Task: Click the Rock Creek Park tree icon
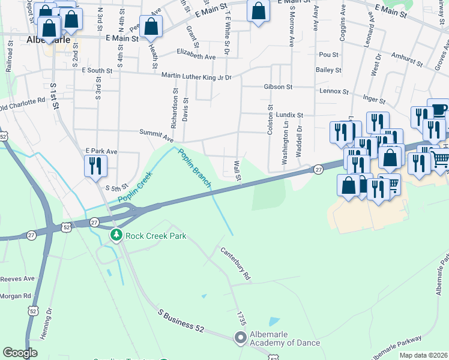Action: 116,235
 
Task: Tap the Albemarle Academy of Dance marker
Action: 241,338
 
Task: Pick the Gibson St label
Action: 277,87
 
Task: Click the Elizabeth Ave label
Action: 196,57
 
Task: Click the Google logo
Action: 20,352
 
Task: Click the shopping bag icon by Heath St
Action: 151,26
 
